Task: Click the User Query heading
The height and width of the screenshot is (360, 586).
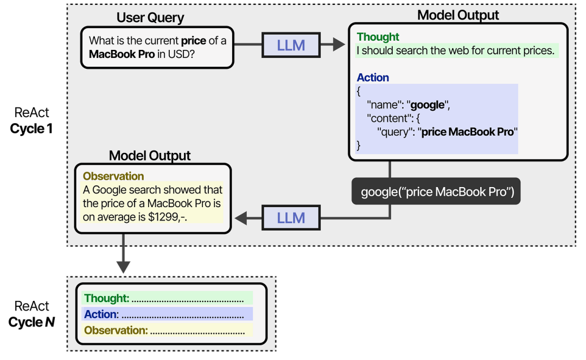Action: tap(150, 17)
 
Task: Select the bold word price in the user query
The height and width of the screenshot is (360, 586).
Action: tap(194, 41)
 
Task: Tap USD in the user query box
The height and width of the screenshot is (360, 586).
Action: tap(183, 54)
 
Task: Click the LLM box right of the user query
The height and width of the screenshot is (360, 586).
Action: tap(291, 46)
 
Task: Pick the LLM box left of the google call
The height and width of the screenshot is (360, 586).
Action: tap(291, 218)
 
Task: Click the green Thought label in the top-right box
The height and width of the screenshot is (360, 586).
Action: tap(378, 37)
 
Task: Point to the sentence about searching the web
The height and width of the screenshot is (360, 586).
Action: tap(455, 51)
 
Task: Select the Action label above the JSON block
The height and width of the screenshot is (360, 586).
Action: tap(373, 78)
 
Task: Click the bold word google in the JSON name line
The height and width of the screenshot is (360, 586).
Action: tap(427, 105)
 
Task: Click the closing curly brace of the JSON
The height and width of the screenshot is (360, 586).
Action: tap(358, 145)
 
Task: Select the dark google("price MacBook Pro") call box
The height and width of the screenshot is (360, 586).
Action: tap(436, 191)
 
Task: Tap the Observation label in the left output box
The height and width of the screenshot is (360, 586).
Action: tap(113, 176)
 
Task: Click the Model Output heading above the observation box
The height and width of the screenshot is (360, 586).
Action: tap(150, 156)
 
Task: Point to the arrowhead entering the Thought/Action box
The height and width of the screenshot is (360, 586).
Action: tap(340, 46)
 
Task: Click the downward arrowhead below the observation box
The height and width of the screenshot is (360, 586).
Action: tap(123, 266)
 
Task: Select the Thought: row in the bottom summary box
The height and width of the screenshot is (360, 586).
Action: tap(167, 298)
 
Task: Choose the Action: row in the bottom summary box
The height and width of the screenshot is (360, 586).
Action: tap(167, 314)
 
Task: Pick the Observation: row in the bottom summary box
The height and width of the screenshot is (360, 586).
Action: tap(167, 330)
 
